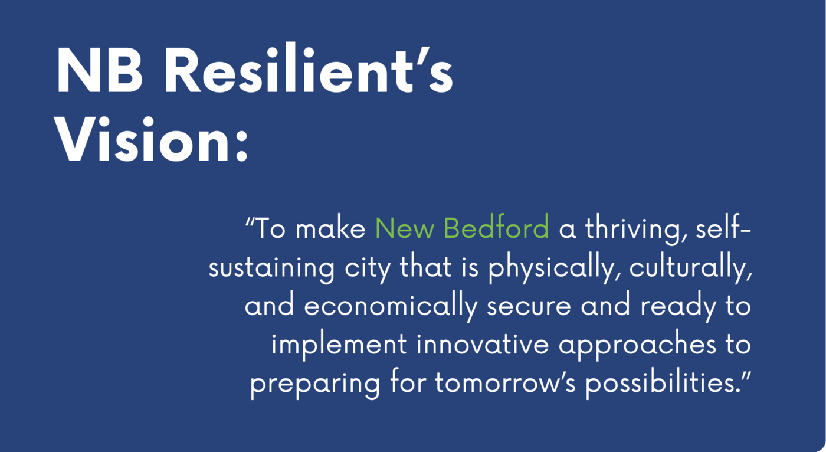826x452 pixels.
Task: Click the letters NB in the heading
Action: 100,70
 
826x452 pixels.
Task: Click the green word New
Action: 405,228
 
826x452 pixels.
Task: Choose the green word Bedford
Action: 496,227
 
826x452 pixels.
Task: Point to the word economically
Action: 391,307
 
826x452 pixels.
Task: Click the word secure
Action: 529,307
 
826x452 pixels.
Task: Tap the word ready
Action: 678,307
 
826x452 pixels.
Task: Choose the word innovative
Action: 483,344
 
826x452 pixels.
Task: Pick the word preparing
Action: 315,384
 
